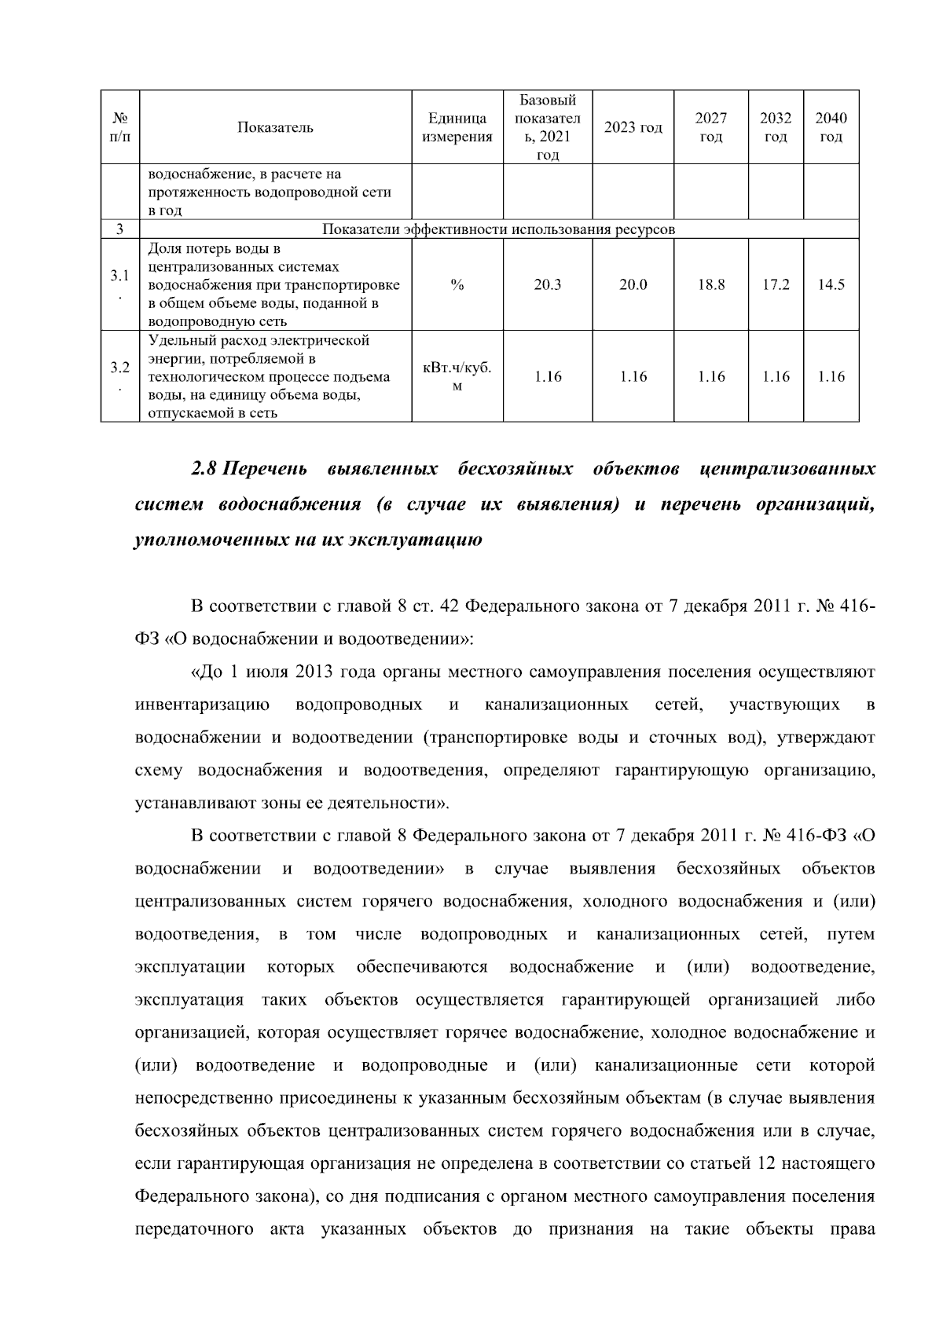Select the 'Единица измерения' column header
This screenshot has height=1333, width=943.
[457, 127]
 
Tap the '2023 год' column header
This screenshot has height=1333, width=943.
[633, 127]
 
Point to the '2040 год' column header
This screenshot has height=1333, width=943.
[831, 127]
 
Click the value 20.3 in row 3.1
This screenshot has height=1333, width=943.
[547, 284]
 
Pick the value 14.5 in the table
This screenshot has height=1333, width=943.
[831, 284]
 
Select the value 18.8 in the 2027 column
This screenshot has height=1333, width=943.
[710, 284]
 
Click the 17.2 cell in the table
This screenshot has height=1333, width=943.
[776, 284]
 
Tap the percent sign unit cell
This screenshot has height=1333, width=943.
[457, 284]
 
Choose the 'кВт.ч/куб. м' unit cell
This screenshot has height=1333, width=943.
[457, 376]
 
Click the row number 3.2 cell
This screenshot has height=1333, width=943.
[119, 368]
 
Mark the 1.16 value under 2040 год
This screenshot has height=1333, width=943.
[831, 376]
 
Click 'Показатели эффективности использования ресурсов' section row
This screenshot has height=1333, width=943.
[498, 229]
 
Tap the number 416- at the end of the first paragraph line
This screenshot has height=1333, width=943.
[855, 606]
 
